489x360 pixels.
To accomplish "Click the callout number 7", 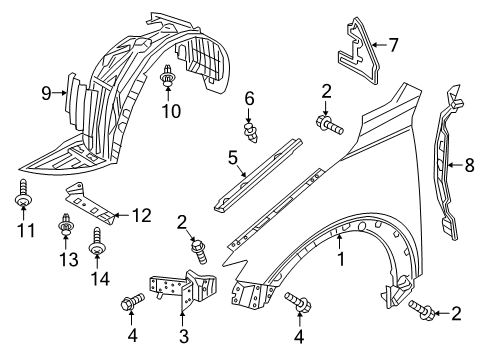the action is click(x=393, y=45).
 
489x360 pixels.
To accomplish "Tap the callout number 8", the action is click(x=469, y=165).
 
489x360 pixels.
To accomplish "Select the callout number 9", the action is click(x=47, y=93).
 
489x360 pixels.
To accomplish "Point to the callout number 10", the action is click(x=171, y=111).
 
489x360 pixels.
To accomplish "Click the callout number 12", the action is click(x=142, y=216).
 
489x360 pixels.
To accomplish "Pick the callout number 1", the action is click(x=340, y=259).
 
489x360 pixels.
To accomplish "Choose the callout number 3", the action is click(x=184, y=336).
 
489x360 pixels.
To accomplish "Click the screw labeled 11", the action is click(x=23, y=194).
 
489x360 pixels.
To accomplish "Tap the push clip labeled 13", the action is click(x=66, y=224).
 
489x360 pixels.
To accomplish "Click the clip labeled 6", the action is click(x=250, y=132).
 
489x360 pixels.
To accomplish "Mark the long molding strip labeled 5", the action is click(x=258, y=175).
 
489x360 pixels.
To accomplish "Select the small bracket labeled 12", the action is click(x=90, y=204).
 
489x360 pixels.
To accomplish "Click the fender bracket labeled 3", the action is click(x=183, y=288).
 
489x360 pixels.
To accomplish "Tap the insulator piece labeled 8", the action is click(x=446, y=163).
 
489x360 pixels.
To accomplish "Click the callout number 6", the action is click(x=249, y=99).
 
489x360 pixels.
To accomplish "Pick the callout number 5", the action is click(x=233, y=158).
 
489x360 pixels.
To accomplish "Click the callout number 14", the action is click(x=100, y=278).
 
